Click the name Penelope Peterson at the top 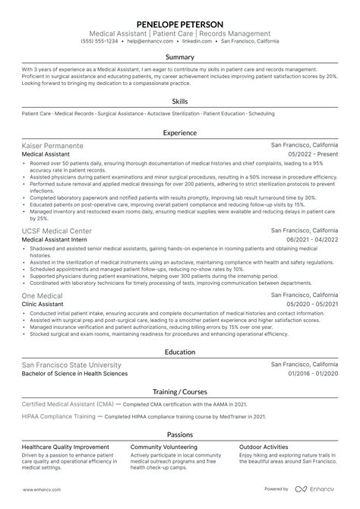(180, 23)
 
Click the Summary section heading (180, 57)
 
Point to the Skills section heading (180, 100)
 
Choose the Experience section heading (180, 131)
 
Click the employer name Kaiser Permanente (53, 144)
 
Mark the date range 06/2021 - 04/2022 (311, 239)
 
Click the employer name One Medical (43, 294)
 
